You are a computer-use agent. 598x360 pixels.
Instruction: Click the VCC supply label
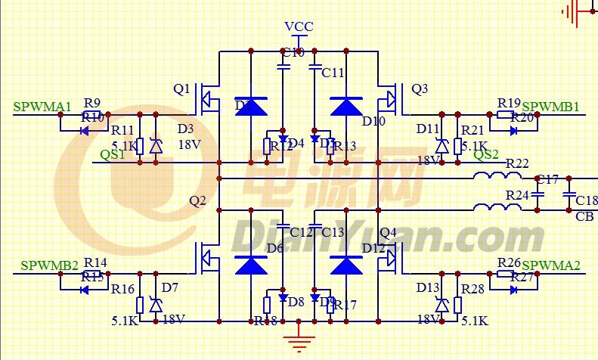click(x=299, y=26)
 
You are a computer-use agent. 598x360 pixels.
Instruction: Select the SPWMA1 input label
click(x=42, y=106)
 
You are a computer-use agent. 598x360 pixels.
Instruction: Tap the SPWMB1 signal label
click(x=550, y=107)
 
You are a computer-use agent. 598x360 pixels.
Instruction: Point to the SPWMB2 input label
click(x=49, y=265)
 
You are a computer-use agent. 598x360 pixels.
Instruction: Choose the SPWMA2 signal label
click(x=550, y=265)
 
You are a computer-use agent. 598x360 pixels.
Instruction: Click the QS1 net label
click(x=114, y=155)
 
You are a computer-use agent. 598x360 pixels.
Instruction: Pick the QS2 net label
click(x=486, y=155)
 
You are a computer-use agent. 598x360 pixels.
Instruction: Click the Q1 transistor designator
click(x=181, y=89)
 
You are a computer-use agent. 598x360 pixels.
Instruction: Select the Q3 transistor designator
click(x=420, y=89)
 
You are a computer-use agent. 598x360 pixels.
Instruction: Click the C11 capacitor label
click(x=333, y=73)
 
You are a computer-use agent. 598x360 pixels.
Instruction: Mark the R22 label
click(x=517, y=164)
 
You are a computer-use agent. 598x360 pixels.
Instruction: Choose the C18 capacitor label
click(x=586, y=200)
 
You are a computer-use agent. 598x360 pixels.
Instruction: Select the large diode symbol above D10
click(x=347, y=106)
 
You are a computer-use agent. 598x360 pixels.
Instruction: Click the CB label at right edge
click(x=584, y=217)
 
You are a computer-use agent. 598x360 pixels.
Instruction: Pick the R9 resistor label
click(x=92, y=103)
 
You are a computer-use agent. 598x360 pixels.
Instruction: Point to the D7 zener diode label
click(x=169, y=287)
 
